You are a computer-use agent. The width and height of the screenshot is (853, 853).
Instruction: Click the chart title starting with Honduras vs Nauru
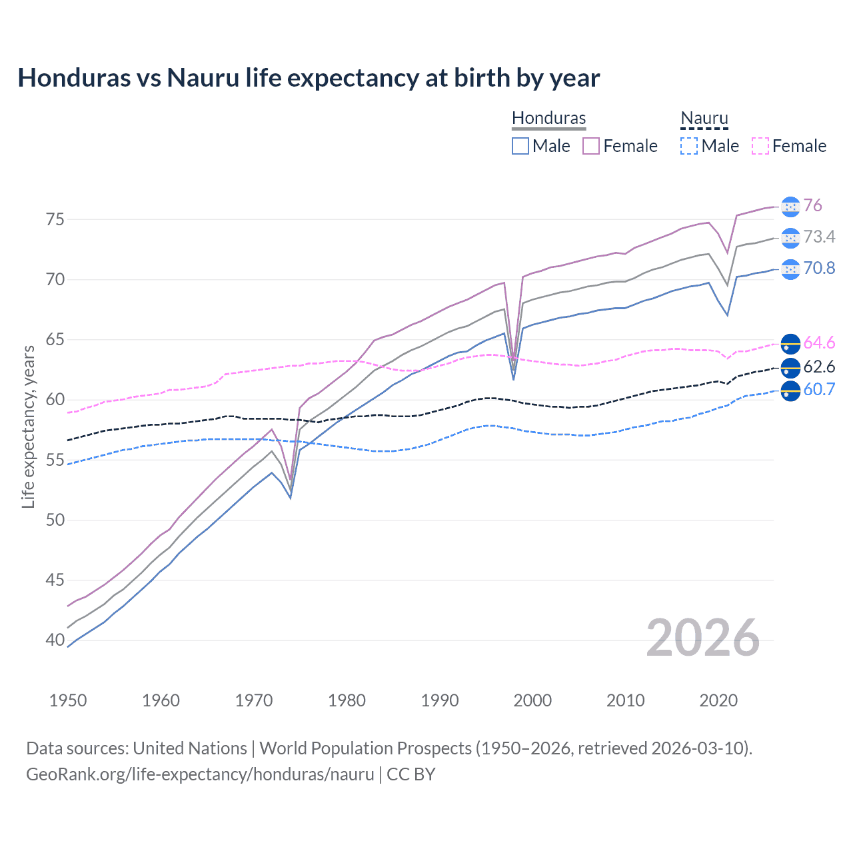(x=309, y=78)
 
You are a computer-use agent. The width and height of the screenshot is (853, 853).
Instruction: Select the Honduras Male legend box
(x=520, y=146)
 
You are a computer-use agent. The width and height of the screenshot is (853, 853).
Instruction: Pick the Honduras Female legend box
(x=591, y=146)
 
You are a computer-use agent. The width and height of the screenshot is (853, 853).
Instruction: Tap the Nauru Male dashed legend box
(x=689, y=146)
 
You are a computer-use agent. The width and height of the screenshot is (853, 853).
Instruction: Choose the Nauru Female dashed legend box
(x=760, y=146)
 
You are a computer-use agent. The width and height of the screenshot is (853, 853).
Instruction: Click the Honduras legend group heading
(x=548, y=118)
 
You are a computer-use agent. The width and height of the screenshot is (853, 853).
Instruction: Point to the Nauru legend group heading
(x=704, y=118)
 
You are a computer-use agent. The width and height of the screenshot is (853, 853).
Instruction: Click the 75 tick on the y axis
(x=55, y=219)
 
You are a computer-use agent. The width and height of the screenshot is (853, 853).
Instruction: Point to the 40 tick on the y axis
(x=55, y=640)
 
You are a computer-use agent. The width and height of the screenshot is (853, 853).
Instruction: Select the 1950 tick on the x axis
(x=68, y=700)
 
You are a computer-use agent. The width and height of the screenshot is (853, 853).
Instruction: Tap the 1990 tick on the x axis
(x=440, y=700)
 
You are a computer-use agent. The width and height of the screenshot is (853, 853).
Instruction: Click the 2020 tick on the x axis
(x=718, y=700)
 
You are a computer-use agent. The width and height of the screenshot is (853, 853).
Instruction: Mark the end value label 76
(x=812, y=205)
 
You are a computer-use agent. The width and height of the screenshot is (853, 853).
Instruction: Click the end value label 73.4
(x=819, y=237)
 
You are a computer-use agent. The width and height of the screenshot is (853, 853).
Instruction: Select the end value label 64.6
(x=819, y=343)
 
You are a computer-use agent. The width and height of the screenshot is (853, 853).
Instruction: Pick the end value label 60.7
(x=819, y=389)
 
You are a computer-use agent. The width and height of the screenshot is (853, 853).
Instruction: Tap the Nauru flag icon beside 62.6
(x=790, y=367)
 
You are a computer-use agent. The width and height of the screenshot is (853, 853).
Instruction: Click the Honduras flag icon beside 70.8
(x=790, y=269)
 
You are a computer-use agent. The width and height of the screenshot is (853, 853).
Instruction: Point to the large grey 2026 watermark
(x=702, y=638)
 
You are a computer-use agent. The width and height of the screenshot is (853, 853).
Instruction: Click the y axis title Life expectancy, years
(x=28, y=426)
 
